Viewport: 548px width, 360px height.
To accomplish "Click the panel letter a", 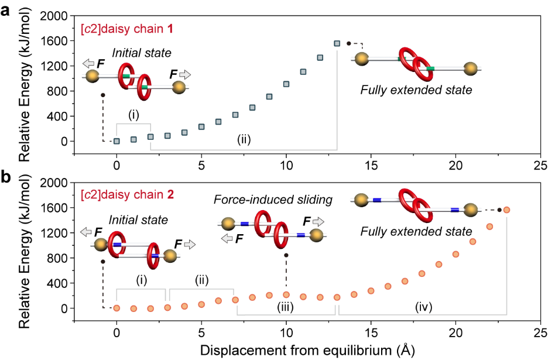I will point(6,9).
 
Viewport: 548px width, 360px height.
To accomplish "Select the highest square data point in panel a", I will point(337,43).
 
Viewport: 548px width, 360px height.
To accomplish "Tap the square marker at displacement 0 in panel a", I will point(117,141).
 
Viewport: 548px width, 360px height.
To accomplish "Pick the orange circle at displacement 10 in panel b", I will point(286,295).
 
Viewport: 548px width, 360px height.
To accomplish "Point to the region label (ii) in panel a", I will point(244,140).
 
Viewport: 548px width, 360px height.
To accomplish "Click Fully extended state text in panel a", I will point(416,90).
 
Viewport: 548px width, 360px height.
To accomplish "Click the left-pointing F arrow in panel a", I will point(91,63).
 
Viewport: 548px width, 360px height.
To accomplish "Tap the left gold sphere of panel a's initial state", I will point(92,77).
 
